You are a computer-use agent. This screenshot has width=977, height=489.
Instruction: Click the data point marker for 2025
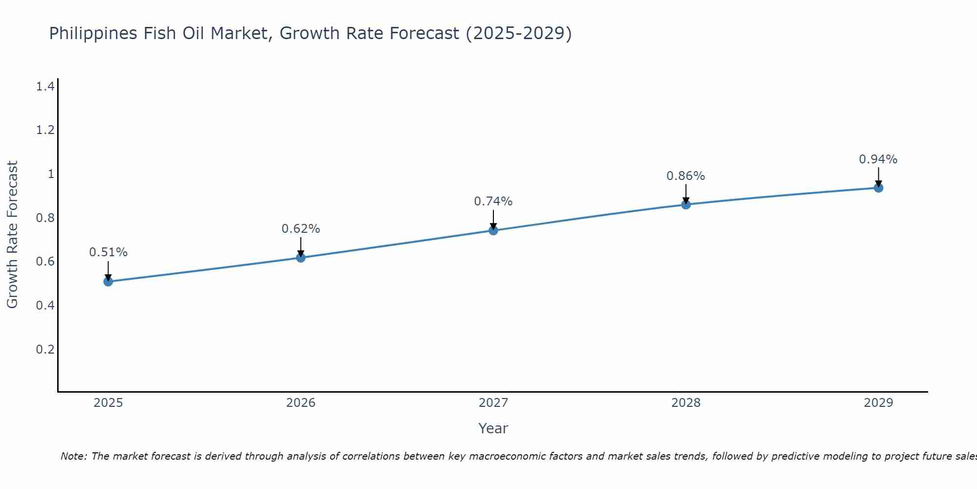[x=108, y=281]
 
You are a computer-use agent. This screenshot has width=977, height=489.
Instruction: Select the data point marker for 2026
[x=301, y=257]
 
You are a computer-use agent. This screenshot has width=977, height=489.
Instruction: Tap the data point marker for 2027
[x=493, y=230]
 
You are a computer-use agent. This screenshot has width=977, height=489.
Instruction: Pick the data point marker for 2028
[x=686, y=204]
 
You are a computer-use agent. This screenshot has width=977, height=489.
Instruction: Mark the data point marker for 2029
[x=878, y=188]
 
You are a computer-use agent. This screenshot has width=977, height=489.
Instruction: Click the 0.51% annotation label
[x=108, y=252]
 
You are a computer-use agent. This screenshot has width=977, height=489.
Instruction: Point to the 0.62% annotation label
[x=301, y=228]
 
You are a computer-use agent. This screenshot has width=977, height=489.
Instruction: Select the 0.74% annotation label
[x=493, y=201]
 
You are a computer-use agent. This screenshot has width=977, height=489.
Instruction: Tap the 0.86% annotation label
[x=686, y=176]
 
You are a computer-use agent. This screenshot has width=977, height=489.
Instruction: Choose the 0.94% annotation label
[x=878, y=159]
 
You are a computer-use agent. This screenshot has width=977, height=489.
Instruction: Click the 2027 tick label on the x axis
[x=493, y=403]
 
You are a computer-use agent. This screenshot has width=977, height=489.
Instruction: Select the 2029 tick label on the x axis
[x=878, y=403]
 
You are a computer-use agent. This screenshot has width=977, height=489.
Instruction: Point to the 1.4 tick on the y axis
[x=45, y=87]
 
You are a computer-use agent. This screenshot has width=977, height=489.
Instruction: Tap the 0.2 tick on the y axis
[x=45, y=349]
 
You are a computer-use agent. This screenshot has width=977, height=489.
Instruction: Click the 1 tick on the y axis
[x=50, y=174]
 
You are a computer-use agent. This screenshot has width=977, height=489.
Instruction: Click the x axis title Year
[x=493, y=428]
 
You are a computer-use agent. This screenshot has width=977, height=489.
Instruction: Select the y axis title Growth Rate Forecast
[x=12, y=235]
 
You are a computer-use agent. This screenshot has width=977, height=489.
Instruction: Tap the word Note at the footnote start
[x=73, y=456]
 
